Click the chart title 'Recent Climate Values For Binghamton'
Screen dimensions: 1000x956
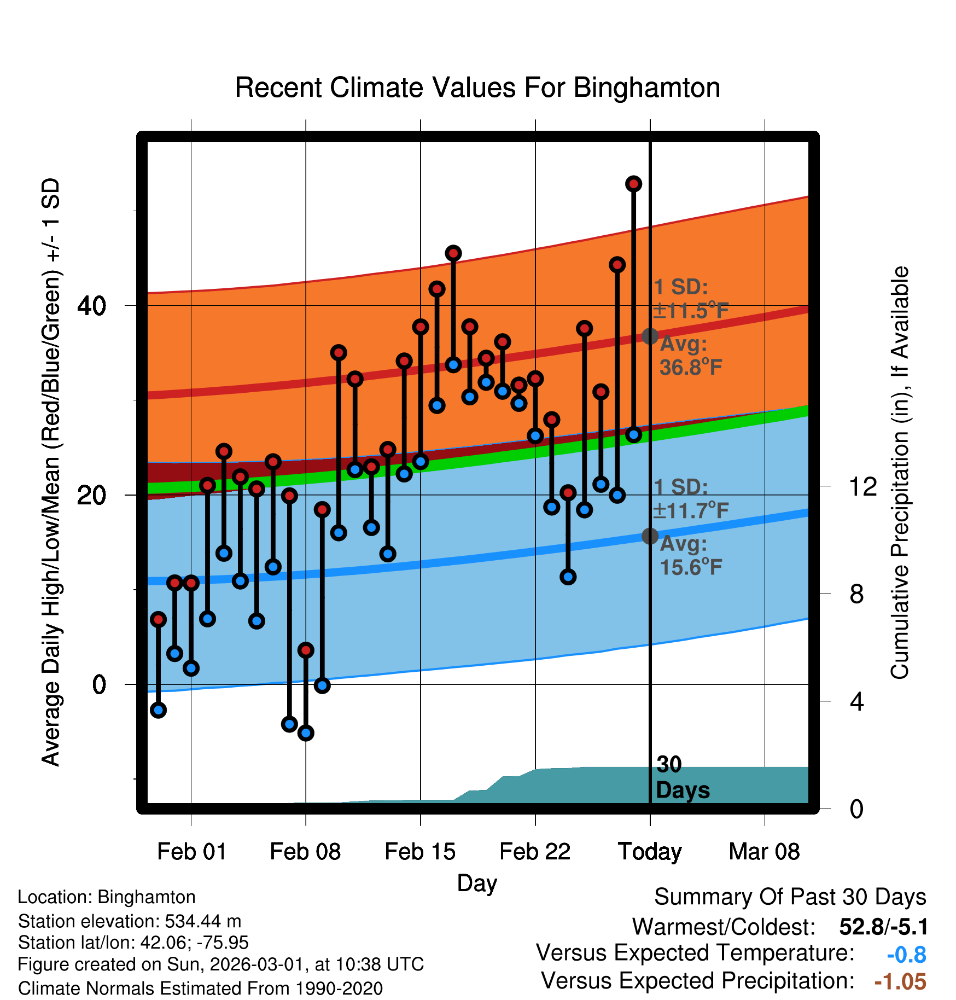[x=477, y=88]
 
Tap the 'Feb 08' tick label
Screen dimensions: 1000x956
[x=305, y=852]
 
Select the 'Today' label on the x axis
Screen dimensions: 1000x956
[x=650, y=852]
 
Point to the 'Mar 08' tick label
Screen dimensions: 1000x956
[x=764, y=852]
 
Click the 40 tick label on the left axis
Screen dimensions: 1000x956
[x=92, y=305]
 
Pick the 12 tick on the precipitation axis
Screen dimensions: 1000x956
[x=862, y=486]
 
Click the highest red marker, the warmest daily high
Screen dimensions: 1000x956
[x=633, y=184]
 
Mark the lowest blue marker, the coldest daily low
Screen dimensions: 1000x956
[x=306, y=733]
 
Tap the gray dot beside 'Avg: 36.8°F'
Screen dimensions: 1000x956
[x=650, y=336]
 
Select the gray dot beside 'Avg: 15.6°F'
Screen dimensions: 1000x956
[x=650, y=536]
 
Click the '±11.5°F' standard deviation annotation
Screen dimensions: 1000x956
[x=691, y=311]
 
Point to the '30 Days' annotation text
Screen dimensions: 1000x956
[x=682, y=777]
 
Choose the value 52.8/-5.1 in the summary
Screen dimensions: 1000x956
[x=883, y=927]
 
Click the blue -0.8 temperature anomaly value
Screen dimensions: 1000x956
[x=906, y=955]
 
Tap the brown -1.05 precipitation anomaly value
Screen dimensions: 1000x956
[x=900, y=982]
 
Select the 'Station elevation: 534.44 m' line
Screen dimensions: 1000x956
[x=130, y=921]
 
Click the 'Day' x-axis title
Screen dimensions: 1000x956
[x=477, y=882]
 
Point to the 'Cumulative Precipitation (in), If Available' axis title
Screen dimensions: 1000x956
[x=900, y=473]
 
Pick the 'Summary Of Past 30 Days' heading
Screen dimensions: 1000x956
[x=790, y=897]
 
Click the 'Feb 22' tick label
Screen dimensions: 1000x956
[x=535, y=852]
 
